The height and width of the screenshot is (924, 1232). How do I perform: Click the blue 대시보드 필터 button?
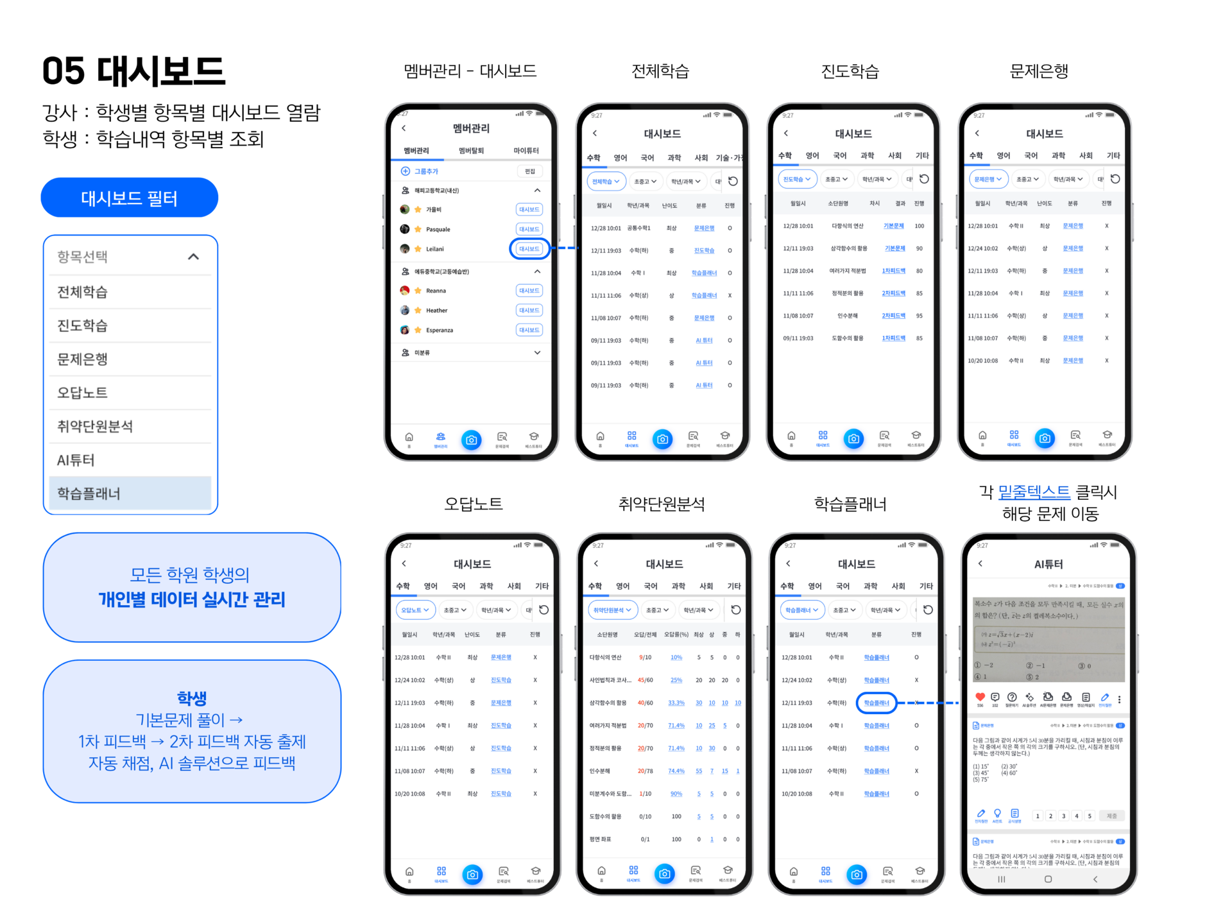(x=129, y=198)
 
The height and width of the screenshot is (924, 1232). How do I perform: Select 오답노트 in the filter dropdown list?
(x=83, y=393)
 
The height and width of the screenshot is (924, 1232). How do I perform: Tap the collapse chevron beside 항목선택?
(x=193, y=257)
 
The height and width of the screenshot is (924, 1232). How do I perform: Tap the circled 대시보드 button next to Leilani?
(x=529, y=249)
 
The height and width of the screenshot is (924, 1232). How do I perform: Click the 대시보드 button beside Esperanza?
(x=529, y=330)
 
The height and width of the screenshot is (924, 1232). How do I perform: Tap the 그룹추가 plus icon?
(x=406, y=171)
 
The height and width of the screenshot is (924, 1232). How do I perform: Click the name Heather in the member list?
(x=436, y=311)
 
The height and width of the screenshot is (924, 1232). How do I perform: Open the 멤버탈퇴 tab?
(x=471, y=151)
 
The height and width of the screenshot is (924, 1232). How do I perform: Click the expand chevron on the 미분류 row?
(x=537, y=353)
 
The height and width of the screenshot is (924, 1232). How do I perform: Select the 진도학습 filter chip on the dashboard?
(x=797, y=179)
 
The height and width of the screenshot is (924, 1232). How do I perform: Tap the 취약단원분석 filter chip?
(x=612, y=610)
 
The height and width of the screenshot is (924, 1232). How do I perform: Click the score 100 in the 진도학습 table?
(x=920, y=226)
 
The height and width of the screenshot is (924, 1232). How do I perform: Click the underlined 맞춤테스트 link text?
(x=1034, y=492)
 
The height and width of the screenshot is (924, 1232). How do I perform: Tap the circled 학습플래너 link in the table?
(x=877, y=703)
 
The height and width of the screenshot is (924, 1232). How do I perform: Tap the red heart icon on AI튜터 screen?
(x=980, y=697)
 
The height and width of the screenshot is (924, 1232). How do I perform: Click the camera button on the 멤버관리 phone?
(x=472, y=440)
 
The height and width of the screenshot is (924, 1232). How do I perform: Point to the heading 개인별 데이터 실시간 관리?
(x=192, y=600)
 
